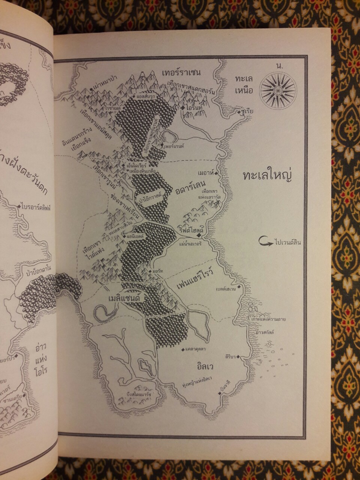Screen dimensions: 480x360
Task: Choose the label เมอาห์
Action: tap(205, 173)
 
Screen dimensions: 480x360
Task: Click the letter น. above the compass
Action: tap(279, 66)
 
